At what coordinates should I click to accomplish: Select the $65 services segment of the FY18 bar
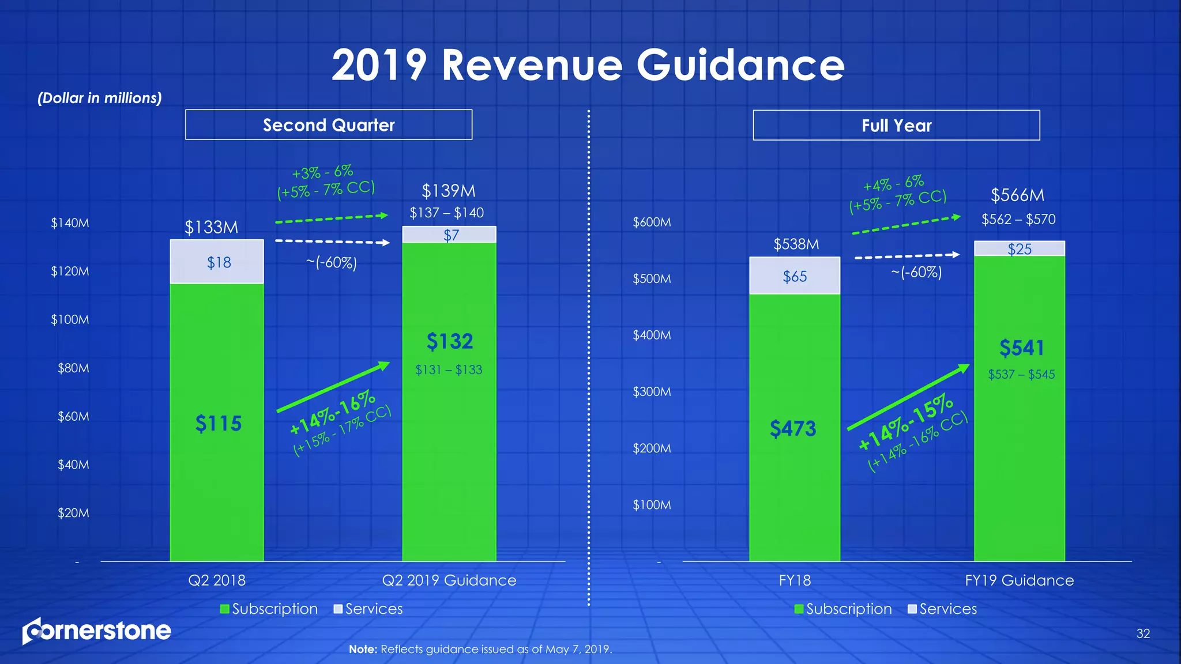tap(794, 277)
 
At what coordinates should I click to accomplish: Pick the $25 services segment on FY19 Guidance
tap(1019, 249)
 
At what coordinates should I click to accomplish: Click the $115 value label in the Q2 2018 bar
tap(218, 424)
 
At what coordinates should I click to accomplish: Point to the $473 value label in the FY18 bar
tap(793, 429)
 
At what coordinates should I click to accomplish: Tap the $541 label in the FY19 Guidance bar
tap(1021, 348)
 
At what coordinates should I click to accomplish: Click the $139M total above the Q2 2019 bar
tap(449, 191)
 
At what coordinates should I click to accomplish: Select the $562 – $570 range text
tap(1018, 220)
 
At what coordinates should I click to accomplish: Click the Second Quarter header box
tap(329, 125)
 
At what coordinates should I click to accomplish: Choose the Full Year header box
tap(896, 126)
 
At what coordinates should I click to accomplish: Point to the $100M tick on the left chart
tap(70, 320)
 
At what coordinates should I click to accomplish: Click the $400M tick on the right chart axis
tap(652, 335)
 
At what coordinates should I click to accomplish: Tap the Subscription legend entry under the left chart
tap(269, 609)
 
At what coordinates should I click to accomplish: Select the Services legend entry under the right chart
tap(942, 609)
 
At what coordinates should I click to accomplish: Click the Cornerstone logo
tap(97, 631)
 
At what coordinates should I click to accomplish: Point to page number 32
tap(1142, 634)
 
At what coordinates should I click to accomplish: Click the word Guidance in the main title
tap(740, 65)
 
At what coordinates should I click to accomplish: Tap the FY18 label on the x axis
tap(795, 580)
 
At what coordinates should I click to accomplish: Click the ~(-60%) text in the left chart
tap(331, 263)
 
